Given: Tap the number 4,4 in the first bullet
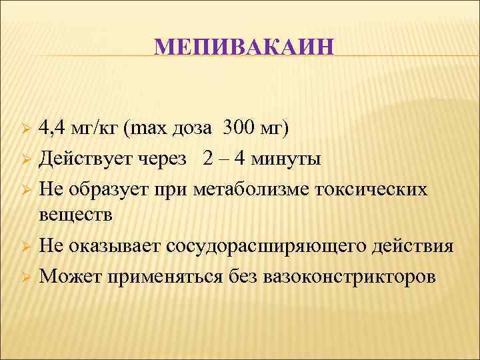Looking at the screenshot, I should pos(52,128).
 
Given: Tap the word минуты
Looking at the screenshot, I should pos(288,160).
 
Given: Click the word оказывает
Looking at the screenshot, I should pos(114,246).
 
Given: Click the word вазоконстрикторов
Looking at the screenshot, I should pos(351,275).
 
